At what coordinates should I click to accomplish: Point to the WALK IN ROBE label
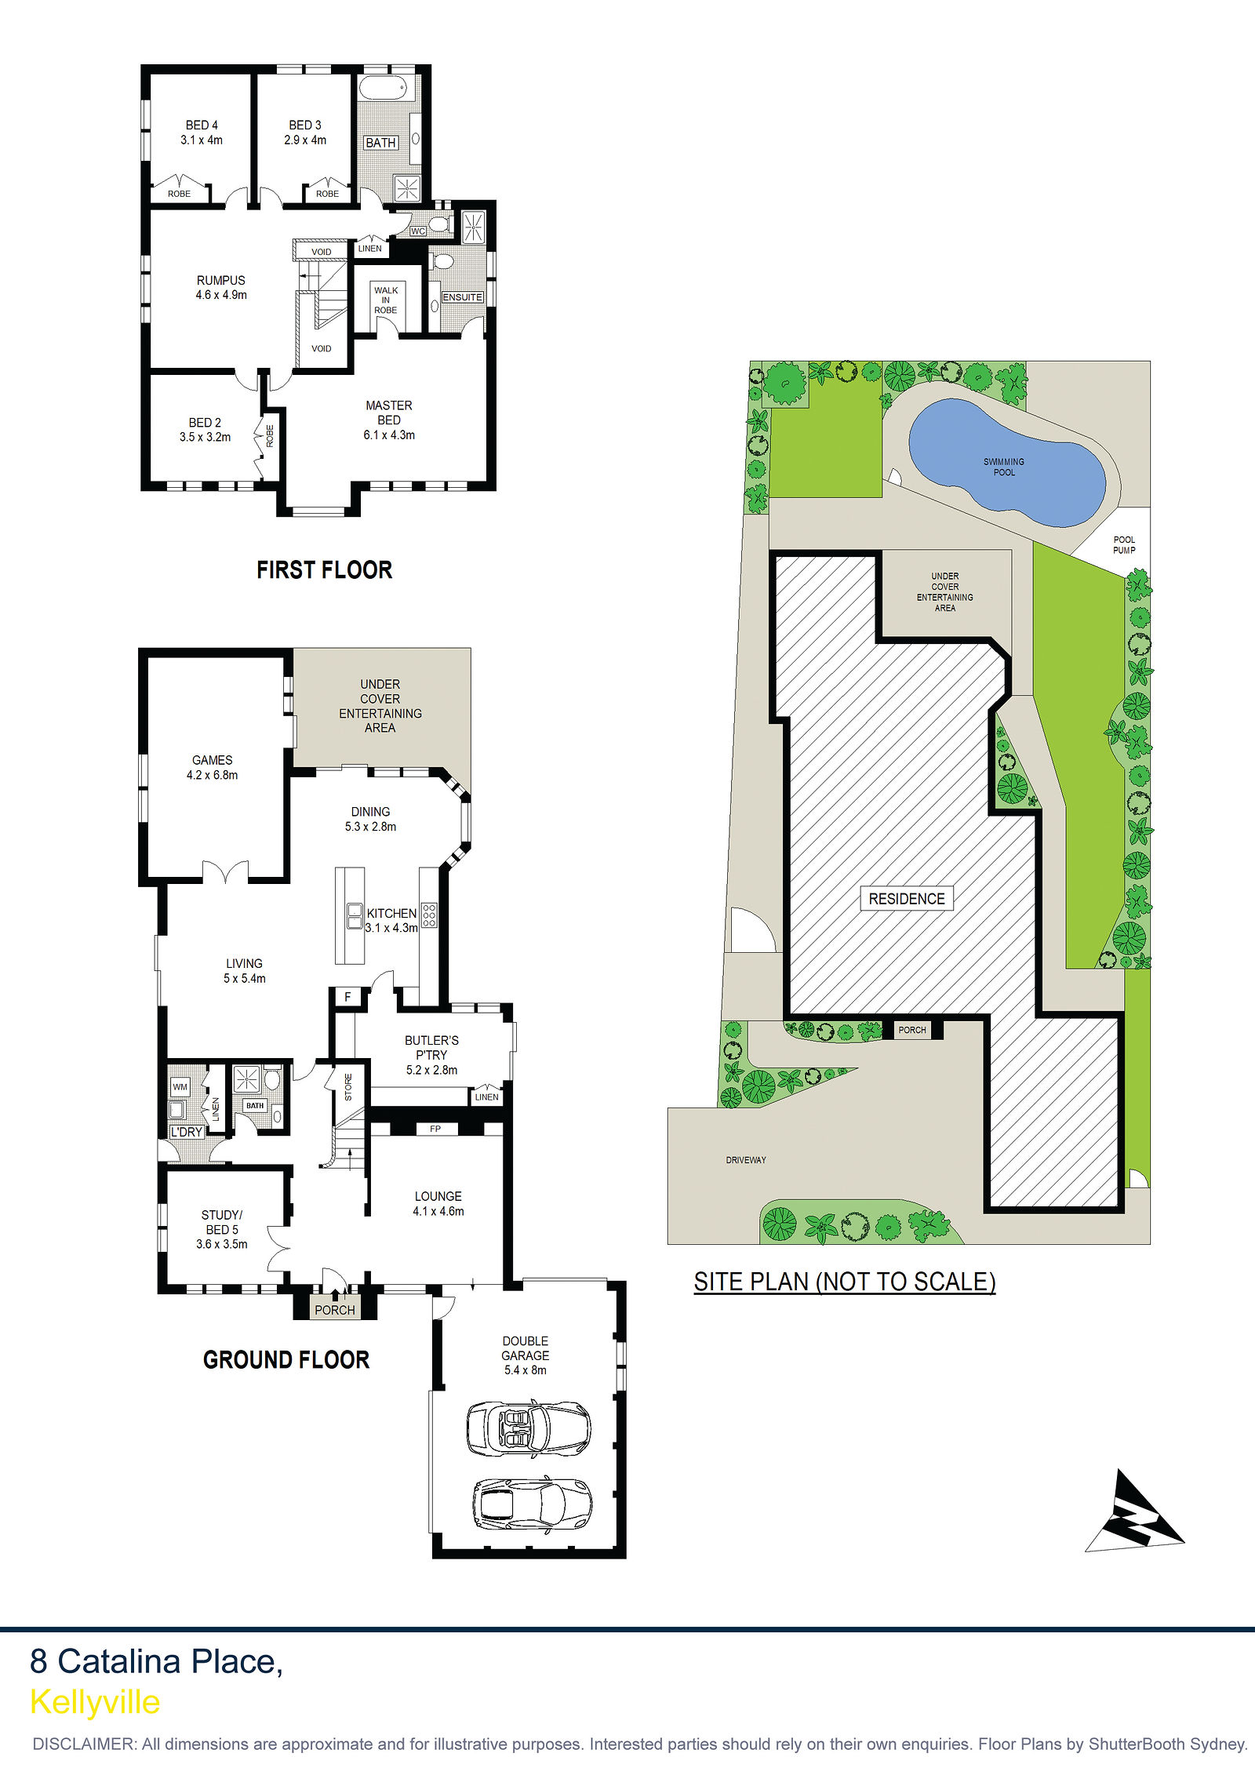(x=386, y=300)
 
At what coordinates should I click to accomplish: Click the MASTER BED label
(x=389, y=420)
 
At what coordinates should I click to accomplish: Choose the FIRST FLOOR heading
(x=324, y=569)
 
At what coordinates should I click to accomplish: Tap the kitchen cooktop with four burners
(x=429, y=915)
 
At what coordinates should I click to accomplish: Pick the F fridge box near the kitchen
(x=347, y=997)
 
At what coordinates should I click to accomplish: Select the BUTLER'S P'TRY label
(x=431, y=1055)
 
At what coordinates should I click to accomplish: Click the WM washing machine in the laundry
(x=180, y=1087)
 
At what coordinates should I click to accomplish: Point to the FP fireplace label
(x=435, y=1129)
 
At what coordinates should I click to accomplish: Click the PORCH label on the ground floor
(x=335, y=1310)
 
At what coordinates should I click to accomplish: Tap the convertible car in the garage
(x=528, y=1428)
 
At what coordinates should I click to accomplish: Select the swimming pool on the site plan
(x=1007, y=463)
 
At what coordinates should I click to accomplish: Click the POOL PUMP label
(x=1124, y=544)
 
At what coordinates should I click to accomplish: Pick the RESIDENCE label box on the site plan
(x=907, y=899)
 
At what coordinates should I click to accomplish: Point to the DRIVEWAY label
(x=746, y=1160)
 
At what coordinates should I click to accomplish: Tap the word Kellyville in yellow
(x=95, y=1701)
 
